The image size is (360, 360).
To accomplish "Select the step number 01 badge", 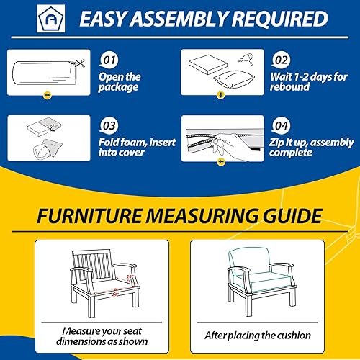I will (109, 57).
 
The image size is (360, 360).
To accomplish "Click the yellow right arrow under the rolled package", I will (48, 94).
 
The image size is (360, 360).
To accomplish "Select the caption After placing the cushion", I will (258, 335).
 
